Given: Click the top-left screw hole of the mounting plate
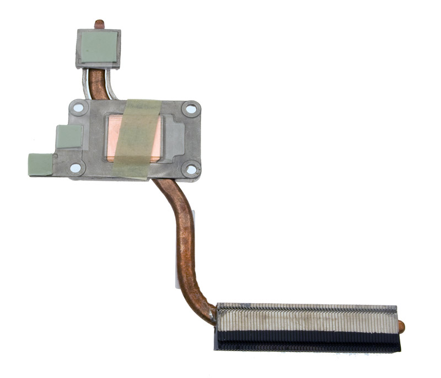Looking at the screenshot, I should (78, 108).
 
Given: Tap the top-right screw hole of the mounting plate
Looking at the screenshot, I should (191, 109).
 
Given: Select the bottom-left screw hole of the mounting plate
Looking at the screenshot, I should (75, 167).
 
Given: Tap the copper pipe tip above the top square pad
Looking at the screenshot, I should (99, 24).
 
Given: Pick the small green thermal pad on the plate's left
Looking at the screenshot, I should (69, 136).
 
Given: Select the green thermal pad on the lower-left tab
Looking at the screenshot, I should (40, 164).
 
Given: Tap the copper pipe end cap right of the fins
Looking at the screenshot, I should (401, 327).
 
